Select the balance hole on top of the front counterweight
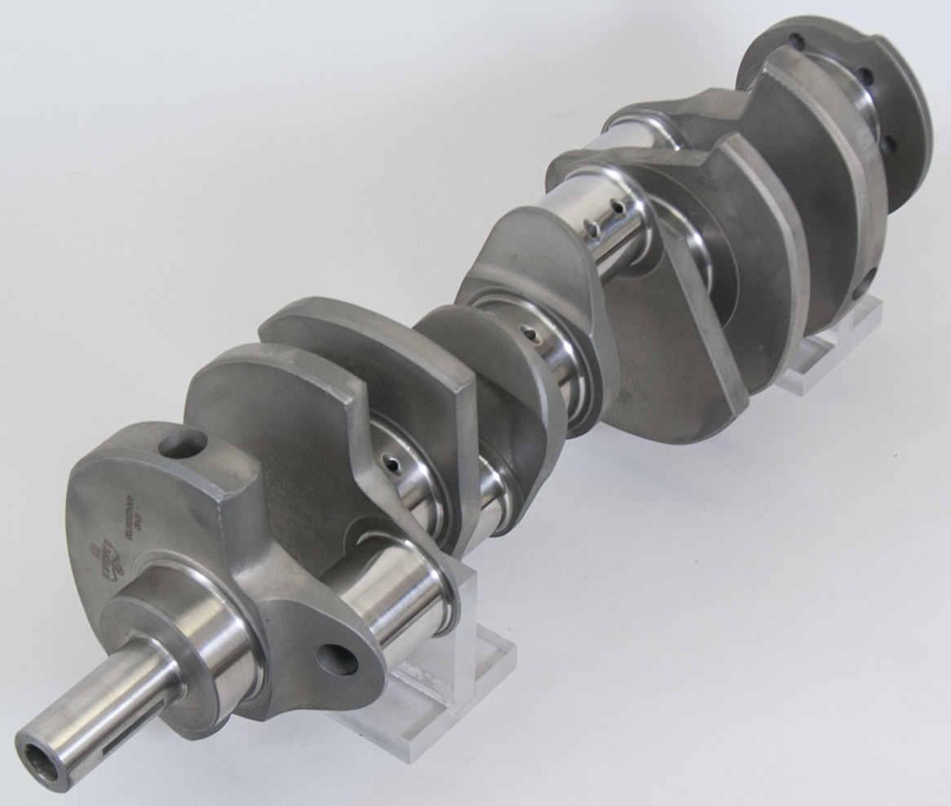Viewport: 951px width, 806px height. (x=183, y=444)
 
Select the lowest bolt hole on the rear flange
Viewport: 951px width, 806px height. (x=888, y=144)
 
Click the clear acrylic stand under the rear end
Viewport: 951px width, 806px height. (x=824, y=359)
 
